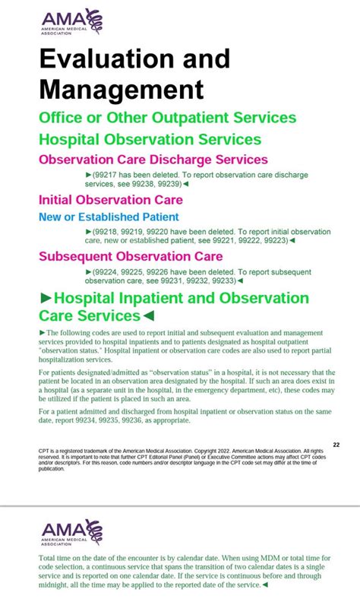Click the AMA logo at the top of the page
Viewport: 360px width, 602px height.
tap(72, 22)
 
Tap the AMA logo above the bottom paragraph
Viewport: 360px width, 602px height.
tap(72, 532)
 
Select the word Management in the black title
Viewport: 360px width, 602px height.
tap(122, 89)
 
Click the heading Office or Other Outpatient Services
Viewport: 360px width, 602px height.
tap(167, 118)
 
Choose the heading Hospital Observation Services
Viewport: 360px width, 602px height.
tap(150, 139)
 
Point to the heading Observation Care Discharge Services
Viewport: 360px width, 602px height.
tap(153, 160)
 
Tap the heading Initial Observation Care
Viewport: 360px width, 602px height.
tap(110, 200)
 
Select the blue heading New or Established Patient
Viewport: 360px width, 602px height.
tap(109, 217)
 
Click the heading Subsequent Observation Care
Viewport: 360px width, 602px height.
tap(130, 256)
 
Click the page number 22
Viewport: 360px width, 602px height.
tap(336, 445)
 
